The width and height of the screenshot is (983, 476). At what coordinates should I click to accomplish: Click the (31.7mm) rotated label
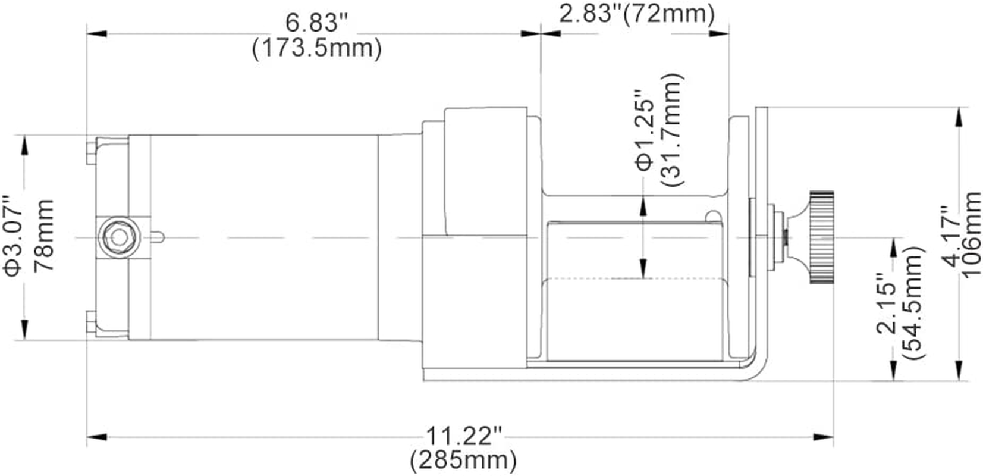coord(673,131)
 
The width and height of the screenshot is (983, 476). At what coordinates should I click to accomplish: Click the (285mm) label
coord(463,460)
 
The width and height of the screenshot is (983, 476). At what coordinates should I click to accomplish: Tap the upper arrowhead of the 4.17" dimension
coord(958,117)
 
